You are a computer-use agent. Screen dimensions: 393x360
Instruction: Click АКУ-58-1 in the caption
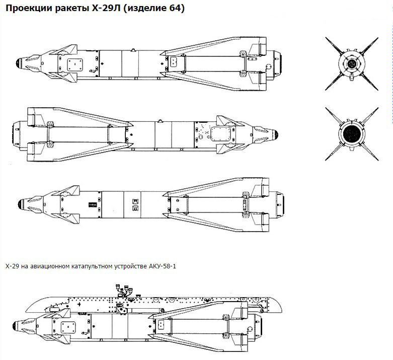point(163,266)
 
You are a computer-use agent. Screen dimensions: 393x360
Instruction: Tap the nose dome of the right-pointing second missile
point(276,134)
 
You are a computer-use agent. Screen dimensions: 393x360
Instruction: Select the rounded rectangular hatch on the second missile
point(220,134)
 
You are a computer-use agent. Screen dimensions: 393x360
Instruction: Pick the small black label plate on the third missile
point(92,204)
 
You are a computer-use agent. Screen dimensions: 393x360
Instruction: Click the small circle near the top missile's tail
point(268,67)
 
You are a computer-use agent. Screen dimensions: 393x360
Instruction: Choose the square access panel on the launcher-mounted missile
point(68,327)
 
